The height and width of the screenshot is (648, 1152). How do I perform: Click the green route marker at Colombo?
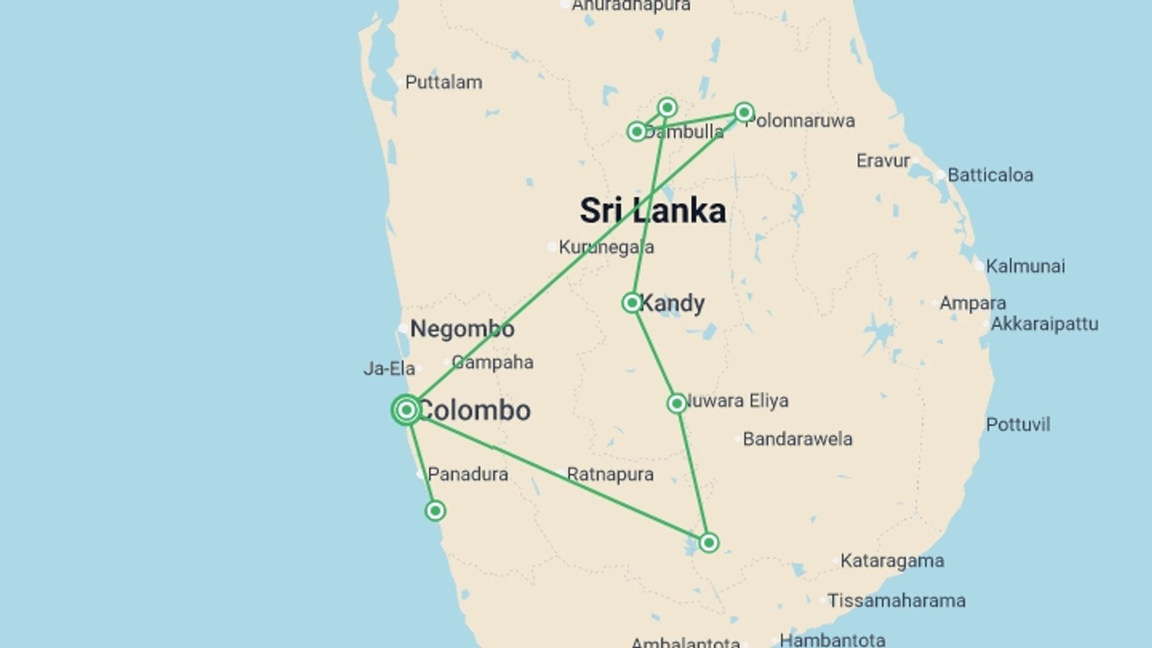coord(406,410)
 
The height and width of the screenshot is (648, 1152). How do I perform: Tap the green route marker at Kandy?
coord(632,302)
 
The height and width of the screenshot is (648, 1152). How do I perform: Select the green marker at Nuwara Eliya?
coord(677,403)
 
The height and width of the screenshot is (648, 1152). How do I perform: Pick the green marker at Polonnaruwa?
coord(744,112)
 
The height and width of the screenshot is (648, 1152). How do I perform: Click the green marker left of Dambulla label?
coord(637,131)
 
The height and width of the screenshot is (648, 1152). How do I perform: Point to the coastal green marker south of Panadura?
coord(435,511)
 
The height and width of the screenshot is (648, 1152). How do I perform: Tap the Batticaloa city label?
coord(990,175)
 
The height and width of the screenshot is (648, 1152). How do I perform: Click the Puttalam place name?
coord(443,82)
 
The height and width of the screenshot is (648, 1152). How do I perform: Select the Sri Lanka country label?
coord(653,211)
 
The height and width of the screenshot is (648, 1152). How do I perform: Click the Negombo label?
coord(462,329)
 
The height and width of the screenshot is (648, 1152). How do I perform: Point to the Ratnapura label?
coord(610,474)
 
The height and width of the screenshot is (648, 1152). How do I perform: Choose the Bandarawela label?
coord(797,439)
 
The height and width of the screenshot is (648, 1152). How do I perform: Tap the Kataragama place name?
coord(892,560)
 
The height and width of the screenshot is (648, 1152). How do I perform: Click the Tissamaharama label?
coord(896,600)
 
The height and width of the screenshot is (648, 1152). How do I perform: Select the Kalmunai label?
coord(1025,266)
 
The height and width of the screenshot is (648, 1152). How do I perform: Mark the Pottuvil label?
coord(1018,424)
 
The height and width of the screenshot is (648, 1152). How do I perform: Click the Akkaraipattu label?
coord(1044,324)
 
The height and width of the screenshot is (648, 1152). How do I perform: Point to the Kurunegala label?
coord(606,247)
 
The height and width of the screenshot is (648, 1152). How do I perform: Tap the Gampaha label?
coord(493,362)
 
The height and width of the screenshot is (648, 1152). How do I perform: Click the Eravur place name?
coord(883,161)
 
